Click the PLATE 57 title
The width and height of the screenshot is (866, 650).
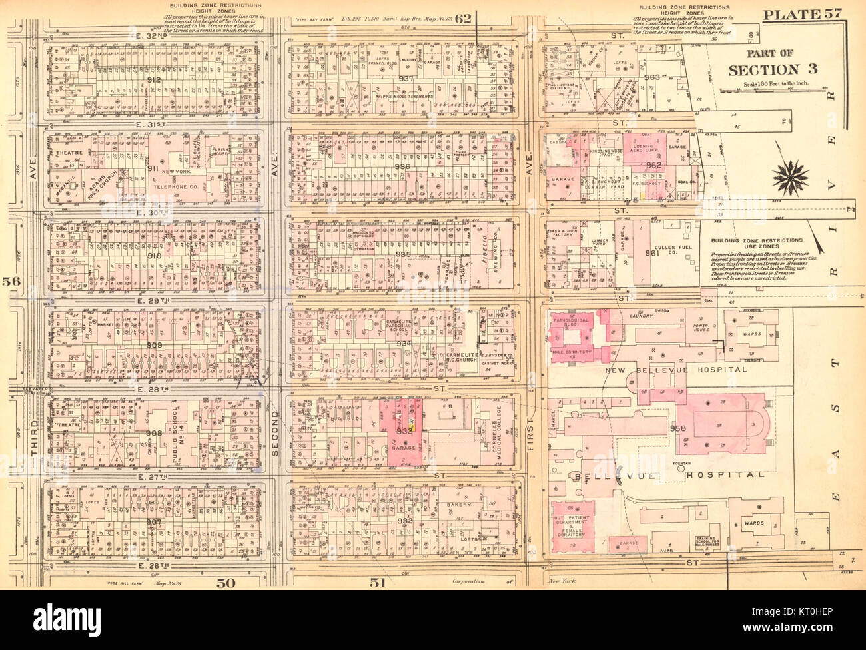pos(803,15)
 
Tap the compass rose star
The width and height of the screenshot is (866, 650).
pos(791,177)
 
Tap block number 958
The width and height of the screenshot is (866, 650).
pos(678,427)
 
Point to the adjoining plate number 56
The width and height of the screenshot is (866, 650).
pos(13,282)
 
